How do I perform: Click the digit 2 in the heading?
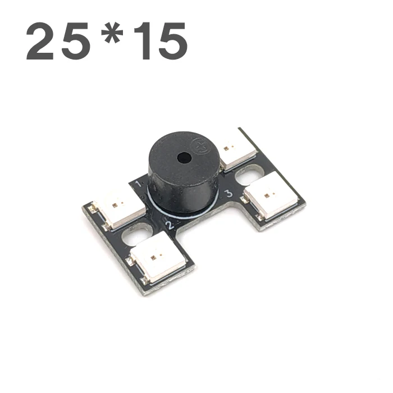(x=40, y=41)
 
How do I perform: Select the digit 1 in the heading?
(x=143, y=41)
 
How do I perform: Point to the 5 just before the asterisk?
(x=75, y=42)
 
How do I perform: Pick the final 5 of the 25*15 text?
(x=173, y=42)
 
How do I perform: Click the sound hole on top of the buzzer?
(x=184, y=158)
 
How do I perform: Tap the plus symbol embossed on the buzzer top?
(x=197, y=145)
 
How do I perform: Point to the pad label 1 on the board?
(x=139, y=185)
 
